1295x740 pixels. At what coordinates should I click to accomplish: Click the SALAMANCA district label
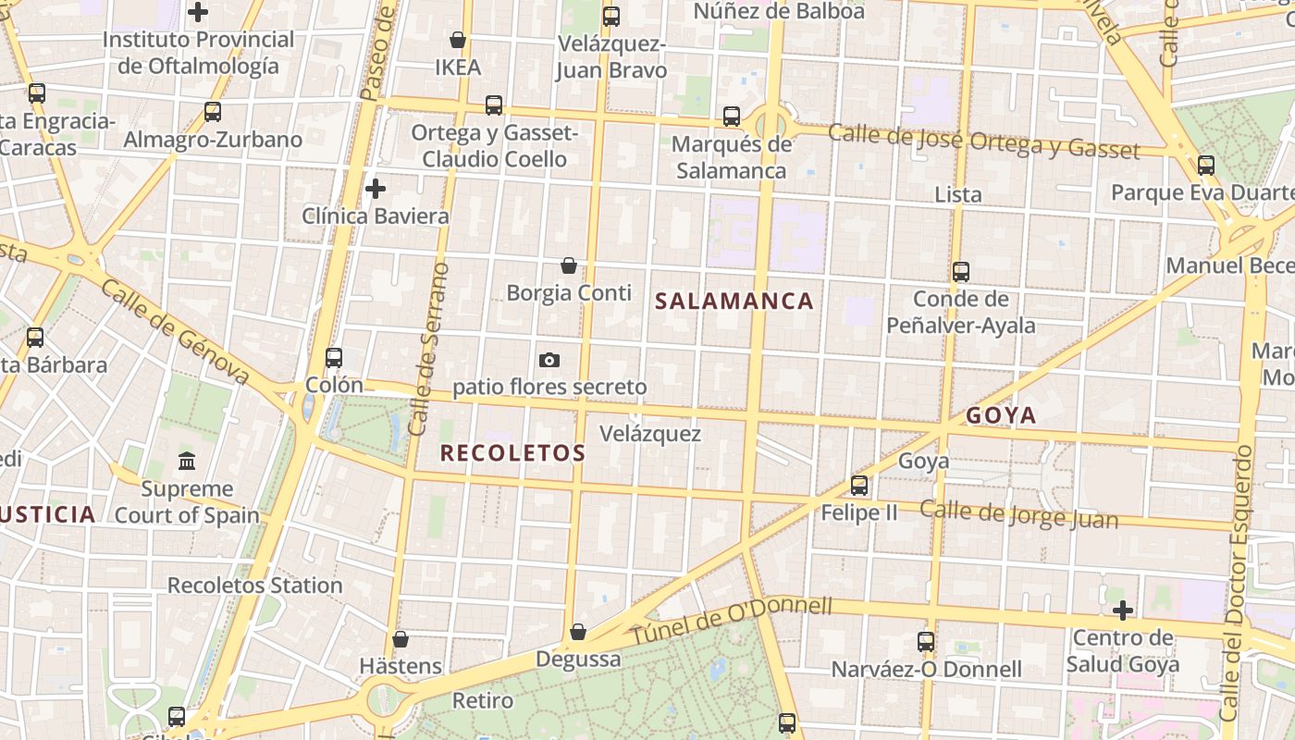(734, 301)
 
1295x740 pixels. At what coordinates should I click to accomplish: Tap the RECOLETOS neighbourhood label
(512, 452)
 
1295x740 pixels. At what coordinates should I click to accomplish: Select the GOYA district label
(1001, 415)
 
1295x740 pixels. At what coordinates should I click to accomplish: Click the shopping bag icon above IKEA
(457, 40)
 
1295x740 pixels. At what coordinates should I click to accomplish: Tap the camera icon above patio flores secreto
(549, 360)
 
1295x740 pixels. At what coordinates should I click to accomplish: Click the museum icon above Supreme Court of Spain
(187, 460)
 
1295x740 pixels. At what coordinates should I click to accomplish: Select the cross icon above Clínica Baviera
(376, 189)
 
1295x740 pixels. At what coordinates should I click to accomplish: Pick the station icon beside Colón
(334, 358)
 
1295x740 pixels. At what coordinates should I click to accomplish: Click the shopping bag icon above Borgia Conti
(569, 265)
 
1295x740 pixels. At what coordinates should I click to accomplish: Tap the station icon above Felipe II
(859, 485)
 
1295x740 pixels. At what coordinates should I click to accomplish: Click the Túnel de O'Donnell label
(731, 621)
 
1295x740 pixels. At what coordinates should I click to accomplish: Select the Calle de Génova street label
(176, 331)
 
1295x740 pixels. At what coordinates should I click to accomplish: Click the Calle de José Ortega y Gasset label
(983, 140)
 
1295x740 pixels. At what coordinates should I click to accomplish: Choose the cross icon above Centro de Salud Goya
(1123, 610)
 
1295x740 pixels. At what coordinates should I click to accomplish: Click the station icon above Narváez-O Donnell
(926, 642)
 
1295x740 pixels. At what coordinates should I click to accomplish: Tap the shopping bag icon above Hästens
(401, 639)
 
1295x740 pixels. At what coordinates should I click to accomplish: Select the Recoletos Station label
(254, 586)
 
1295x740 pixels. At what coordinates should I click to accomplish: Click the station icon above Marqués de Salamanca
(732, 117)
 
